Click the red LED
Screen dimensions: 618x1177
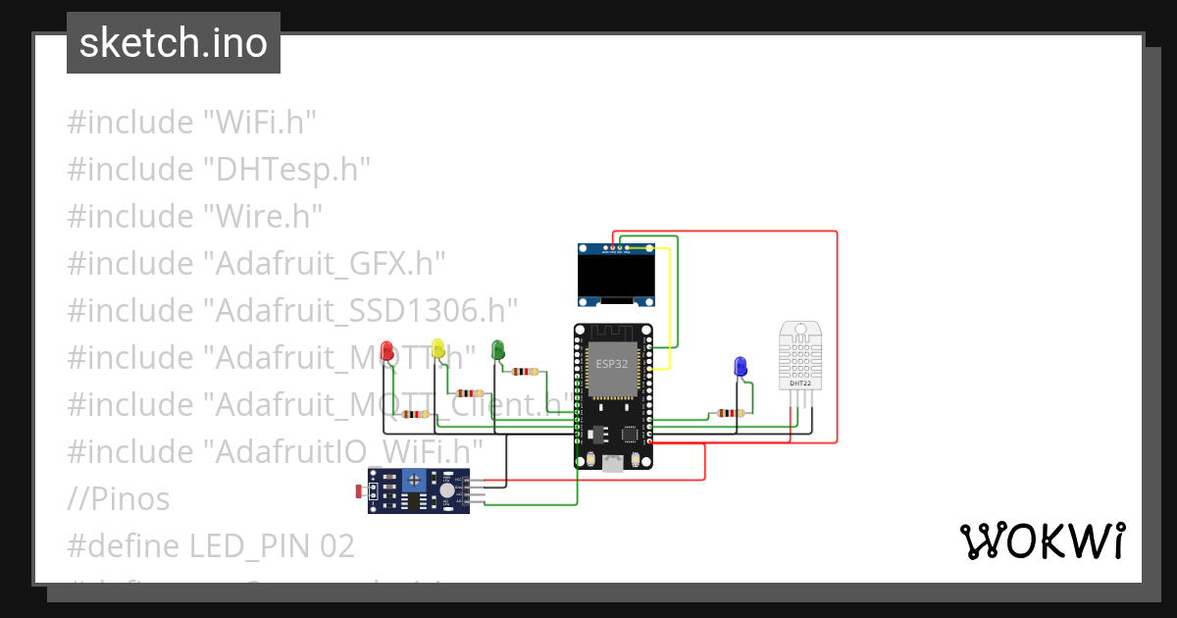click(x=387, y=349)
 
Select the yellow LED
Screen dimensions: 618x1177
click(x=437, y=347)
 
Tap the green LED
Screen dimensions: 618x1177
click(x=497, y=348)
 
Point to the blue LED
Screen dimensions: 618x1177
click(x=741, y=367)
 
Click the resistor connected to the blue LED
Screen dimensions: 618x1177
click(x=728, y=413)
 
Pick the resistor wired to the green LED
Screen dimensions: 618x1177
click(x=526, y=372)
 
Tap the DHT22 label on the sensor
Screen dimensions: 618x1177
click(x=800, y=383)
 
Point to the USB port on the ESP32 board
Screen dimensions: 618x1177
click(x=615, y=464)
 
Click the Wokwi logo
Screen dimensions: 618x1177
click(x=1042, y=541)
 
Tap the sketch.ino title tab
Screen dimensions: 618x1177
click(x=174, y=43)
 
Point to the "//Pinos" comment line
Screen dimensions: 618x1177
click(x=119, y=499)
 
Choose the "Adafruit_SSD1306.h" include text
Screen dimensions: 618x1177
click(x=360, y=311)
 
